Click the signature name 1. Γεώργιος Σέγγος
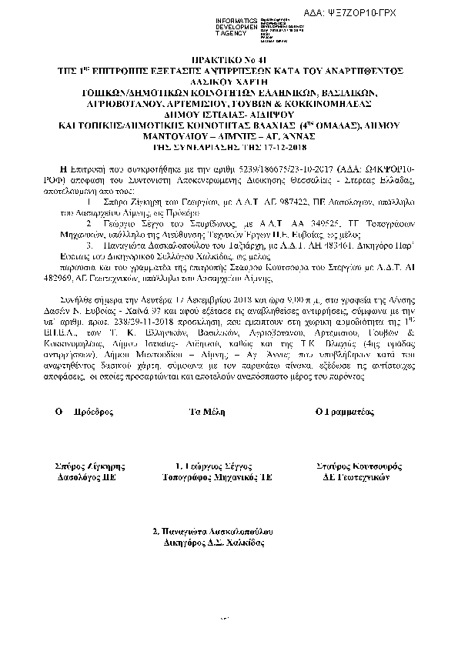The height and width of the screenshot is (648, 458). click(210, 466)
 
